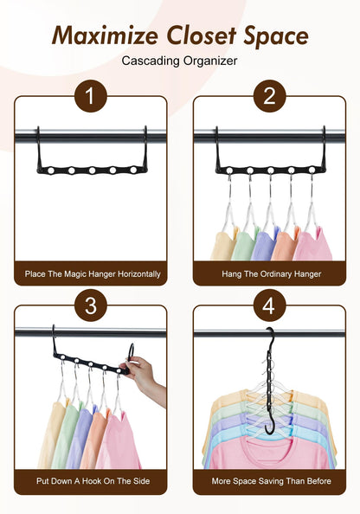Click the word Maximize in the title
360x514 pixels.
coord(103,35)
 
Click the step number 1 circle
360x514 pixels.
coord(90,95)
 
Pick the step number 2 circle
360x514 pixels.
coord(268,95)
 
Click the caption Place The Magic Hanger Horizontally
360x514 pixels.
coord(90,273)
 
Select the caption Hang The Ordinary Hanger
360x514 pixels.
coord(268,273)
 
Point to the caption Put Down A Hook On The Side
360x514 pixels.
coord(90,481)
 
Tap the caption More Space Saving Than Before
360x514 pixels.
coord(268,481)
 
